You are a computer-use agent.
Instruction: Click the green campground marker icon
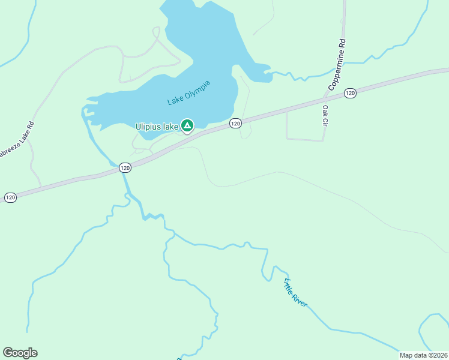coord(187,125)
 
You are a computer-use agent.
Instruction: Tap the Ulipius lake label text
coord(156,126)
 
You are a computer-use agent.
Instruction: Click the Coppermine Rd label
coord(337,65)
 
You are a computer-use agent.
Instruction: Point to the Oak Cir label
coord(325,116)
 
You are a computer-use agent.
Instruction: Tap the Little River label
coord(295,293)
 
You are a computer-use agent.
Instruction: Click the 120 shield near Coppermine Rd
coord(351,93)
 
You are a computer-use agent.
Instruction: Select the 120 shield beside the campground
coord(235,123)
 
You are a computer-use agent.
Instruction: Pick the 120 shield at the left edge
coord(10,197)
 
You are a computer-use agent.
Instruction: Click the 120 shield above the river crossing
coord(124,168)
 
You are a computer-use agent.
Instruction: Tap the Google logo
coord(20,353)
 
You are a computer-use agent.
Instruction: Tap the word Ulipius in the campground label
coord(147,126)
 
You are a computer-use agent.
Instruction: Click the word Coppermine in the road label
coord(336,71)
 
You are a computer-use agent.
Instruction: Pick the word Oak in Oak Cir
coord(325,110)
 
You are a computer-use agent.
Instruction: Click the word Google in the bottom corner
coord(20,353)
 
